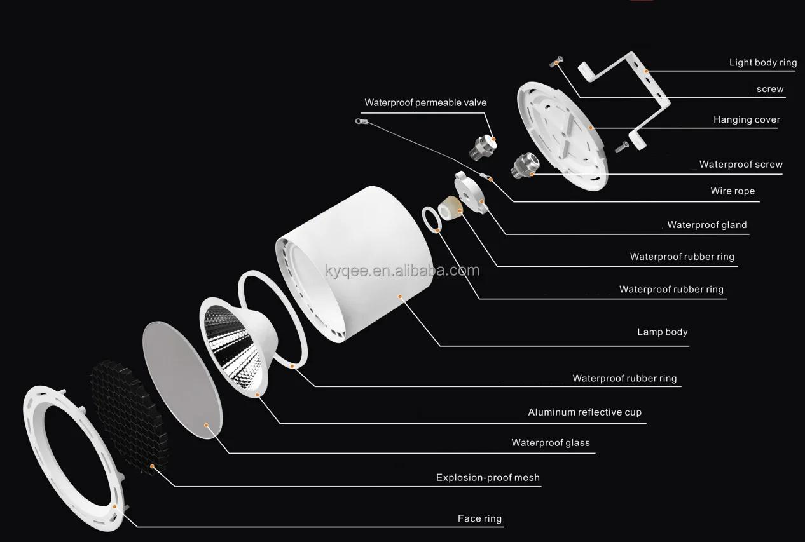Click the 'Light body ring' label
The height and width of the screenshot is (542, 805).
pos(762,62)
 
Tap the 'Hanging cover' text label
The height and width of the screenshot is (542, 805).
pos(747,119)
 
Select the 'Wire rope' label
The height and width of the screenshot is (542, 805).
pos(733,191)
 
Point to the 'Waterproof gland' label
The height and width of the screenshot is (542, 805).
pos(706,225)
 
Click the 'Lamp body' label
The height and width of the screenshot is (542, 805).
pos(662,332)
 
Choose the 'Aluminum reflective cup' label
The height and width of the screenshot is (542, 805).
pos(584,412)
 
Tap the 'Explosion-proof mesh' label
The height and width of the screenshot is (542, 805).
pos(488,478)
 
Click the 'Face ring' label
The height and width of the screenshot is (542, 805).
pos(479,518)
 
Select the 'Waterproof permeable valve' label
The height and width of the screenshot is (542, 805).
pos(425,102)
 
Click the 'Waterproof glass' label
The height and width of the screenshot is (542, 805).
pos(551,443)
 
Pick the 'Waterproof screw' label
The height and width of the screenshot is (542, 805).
pos(741,165)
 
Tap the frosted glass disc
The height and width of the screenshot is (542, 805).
pos(181,378)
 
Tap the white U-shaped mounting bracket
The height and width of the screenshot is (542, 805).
pos(642,95)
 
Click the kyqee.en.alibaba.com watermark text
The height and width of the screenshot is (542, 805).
pos(402,271)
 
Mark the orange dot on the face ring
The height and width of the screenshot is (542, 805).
pos(114,506)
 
